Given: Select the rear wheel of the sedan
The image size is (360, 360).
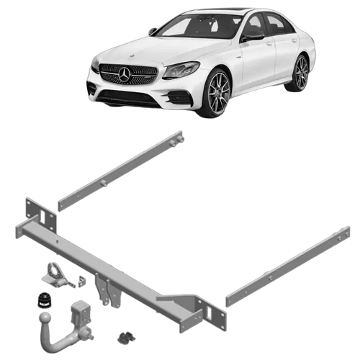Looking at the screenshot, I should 301,72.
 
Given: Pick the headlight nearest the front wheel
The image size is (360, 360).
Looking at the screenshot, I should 181,70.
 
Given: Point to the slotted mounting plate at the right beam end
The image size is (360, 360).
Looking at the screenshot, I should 210,312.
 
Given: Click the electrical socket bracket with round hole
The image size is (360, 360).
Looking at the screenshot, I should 55,274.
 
